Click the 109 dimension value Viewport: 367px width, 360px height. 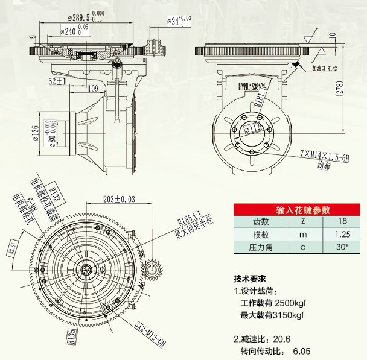click(x=94, y=88)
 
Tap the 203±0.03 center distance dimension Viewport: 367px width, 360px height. click(x=118, y=199)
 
